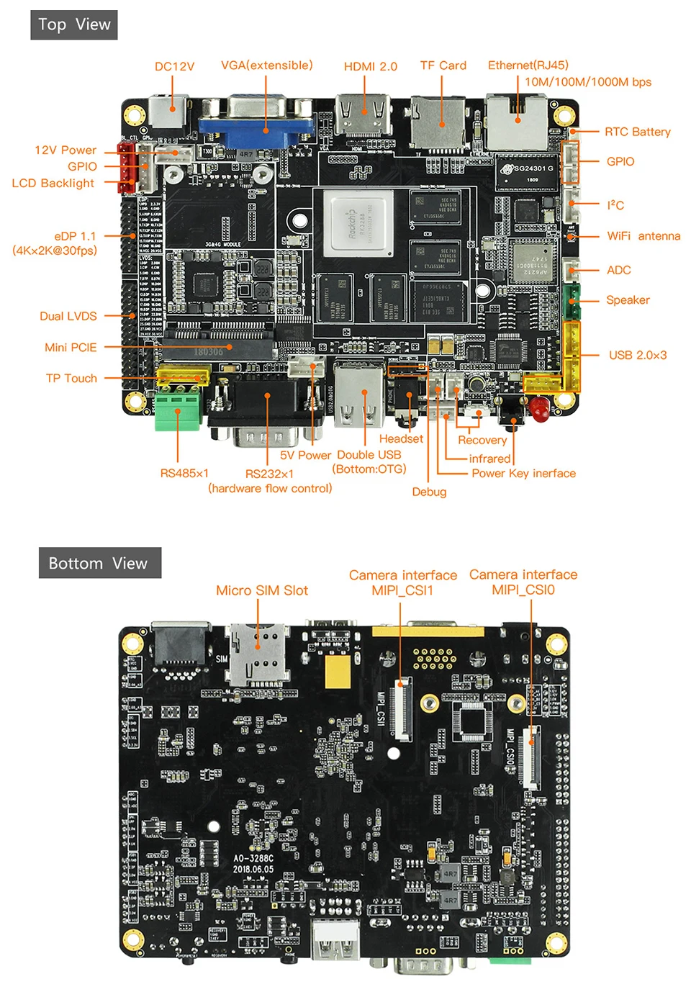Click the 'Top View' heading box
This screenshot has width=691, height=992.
click(x=74, y=25)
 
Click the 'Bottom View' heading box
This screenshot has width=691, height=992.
click(x=99, y=563)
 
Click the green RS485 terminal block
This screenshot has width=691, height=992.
click(x=177, y=410)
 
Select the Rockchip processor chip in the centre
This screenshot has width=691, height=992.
click(x=358, y=222)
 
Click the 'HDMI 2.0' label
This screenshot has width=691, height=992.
click(x=370, y=66)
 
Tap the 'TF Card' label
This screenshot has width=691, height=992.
click(x=443, y=66)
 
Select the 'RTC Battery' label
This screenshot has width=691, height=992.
click(x=637, y=132)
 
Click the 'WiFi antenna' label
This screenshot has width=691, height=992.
click(x=643, y=236)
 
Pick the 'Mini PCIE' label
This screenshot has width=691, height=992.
click(x=71, y=347)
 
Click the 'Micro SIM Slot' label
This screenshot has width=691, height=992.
click(x=261, y=590)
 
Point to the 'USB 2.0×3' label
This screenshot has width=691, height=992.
click(x=637, y=355)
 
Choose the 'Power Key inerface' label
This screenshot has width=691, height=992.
click(x=523, y=473)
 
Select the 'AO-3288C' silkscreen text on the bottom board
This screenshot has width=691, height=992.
click(x=253, y=858)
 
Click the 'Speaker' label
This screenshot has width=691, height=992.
click(x=627, y=300)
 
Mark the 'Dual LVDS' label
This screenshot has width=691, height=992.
click(x=68, y=316)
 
